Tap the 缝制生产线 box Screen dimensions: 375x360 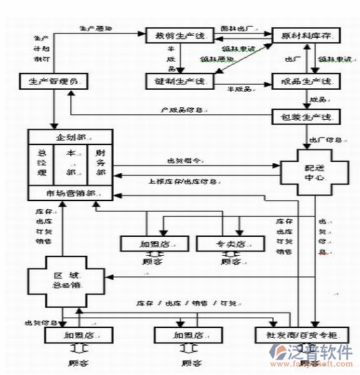[x=175, y=82]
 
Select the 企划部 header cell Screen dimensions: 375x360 [x=70, y=136]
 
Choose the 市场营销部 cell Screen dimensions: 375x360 [x=70, y=192]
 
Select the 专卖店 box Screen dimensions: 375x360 [x=231, y=244]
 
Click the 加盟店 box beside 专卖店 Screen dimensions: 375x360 [x=154, y=244]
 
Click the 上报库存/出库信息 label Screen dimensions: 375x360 [x=182, y=179]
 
